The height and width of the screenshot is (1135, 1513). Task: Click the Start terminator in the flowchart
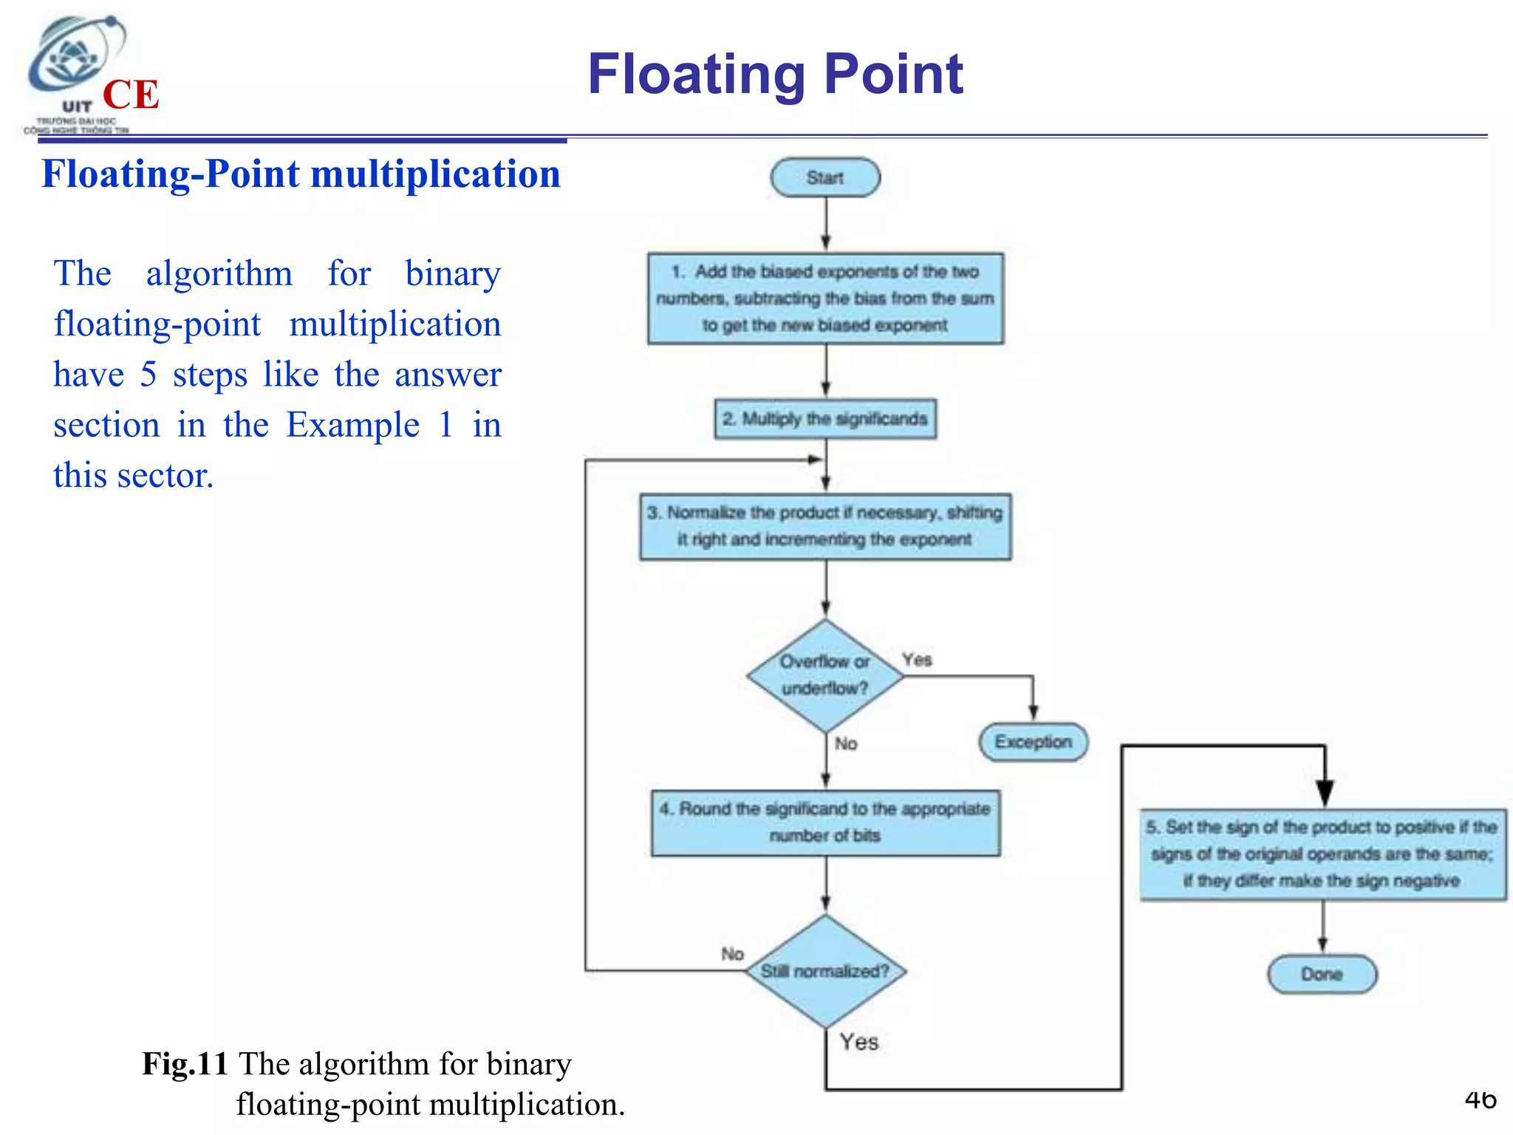(x=825, y=177)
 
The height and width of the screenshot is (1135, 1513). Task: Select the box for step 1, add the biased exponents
(x=825, y=299)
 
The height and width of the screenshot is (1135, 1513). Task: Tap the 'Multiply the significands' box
(x=825, y=419)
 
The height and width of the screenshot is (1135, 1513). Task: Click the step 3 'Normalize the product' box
(x=825, y=526)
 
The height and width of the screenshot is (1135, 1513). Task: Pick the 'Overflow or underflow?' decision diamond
(x=825, y=675)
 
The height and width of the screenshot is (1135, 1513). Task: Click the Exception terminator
(x=1033, y=742)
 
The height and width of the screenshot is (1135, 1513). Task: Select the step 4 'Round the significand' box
(x=825, y=823)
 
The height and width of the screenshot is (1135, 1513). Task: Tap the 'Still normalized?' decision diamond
(x=825, y=971)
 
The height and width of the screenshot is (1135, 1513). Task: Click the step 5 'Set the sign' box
(x=1322, y=854)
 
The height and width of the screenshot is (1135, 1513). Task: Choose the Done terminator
(x=1322, y=975)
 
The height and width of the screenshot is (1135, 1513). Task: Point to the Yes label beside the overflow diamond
(x=917, y=659)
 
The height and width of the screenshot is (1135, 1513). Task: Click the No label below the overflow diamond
(x=846, y=743)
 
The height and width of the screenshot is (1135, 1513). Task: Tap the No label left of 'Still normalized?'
(x=732, y=954)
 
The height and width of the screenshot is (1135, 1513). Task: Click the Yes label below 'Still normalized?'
(x=858, y=1042)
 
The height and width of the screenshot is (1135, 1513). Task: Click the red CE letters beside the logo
(x=131, y=95)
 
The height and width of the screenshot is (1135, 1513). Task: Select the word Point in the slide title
(x=893, y=74)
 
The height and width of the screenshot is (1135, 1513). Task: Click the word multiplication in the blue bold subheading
(x=435, y=174)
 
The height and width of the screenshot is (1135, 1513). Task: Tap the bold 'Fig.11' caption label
(x=185, y=1064)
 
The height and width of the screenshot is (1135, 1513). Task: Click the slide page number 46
(x=1480, y=1100)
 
